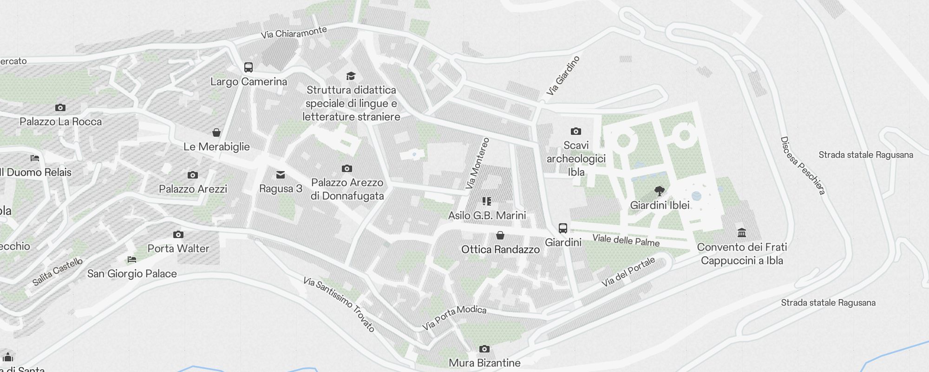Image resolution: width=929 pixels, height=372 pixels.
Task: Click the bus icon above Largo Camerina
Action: [x=249, y=67]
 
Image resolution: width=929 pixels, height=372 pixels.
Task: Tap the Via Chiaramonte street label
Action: [x=294, y=33]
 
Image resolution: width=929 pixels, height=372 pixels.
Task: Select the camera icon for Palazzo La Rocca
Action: [x=60, y=108]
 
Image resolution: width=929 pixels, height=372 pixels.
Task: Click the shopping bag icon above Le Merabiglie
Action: [x=216, y=133]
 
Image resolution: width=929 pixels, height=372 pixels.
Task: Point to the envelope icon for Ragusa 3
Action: [x=281, y=175]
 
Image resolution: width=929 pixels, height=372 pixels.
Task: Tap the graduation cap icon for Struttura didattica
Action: [x=351, y=76]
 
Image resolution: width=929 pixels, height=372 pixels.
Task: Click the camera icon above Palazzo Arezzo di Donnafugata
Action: [x=347, y=169]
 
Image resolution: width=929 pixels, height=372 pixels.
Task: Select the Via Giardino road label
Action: [x=563, y=76]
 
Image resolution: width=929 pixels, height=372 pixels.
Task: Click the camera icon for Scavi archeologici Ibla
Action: [x=576, y=132]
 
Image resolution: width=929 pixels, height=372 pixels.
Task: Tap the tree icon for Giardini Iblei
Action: [x=659, y=191]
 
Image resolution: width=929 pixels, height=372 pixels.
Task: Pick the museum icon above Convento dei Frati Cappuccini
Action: [x=742, y=232]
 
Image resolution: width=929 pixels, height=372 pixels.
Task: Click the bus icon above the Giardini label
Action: [x=563, y=228]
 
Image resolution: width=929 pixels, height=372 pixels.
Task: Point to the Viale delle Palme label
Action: [x=626, y=240]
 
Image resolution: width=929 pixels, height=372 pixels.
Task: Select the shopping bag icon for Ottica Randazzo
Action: [x=500, y=235]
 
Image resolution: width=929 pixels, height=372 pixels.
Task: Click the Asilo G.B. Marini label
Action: [x=487, y=215]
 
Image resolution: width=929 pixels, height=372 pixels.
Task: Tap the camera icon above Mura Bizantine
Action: [x=484, y=349]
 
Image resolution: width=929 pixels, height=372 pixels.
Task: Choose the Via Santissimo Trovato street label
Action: [x=339, y=304]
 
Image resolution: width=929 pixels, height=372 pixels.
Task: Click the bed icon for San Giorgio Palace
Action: [x=132, y=259]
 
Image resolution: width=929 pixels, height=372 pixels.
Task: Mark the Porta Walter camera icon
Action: [x=178, y=235]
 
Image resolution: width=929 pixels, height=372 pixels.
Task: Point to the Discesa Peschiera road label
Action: [x=802, y=165]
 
